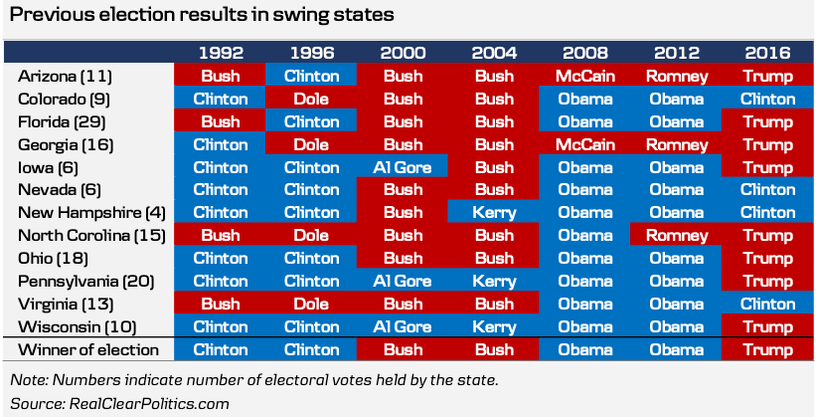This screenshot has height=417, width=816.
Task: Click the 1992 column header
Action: (220, 52)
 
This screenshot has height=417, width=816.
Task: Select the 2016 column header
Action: (767, 52)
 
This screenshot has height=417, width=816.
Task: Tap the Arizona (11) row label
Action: (65, 75)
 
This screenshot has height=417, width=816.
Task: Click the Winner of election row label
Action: (88, 349)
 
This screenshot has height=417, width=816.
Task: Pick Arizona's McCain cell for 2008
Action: (584, 75)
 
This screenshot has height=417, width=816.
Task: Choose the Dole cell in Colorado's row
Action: (311, 98)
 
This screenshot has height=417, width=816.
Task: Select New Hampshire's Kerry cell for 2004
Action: (493, 212)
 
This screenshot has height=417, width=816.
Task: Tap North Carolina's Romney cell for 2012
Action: (676, 235)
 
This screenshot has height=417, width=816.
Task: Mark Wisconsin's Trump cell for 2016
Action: (767, 326)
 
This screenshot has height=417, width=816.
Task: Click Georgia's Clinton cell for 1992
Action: (220, 143)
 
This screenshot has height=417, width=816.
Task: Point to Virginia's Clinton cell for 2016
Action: (767, 304)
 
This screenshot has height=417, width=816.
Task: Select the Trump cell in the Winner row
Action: (767, 349)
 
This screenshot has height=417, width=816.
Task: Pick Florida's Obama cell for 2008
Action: (584, 120)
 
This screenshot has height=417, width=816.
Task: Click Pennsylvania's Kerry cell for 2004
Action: (493, 281)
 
